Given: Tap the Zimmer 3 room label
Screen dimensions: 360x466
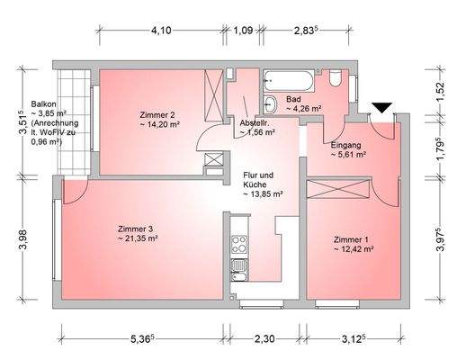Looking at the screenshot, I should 137,229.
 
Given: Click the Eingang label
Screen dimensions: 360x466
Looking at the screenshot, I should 345,145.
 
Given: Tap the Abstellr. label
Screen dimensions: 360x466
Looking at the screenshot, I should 255,122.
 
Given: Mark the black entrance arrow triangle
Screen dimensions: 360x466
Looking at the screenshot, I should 381,108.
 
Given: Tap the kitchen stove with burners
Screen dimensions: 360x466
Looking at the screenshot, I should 239,242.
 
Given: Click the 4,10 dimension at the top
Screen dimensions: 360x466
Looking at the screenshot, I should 161,30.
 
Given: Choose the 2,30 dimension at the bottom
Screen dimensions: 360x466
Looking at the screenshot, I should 264,341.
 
